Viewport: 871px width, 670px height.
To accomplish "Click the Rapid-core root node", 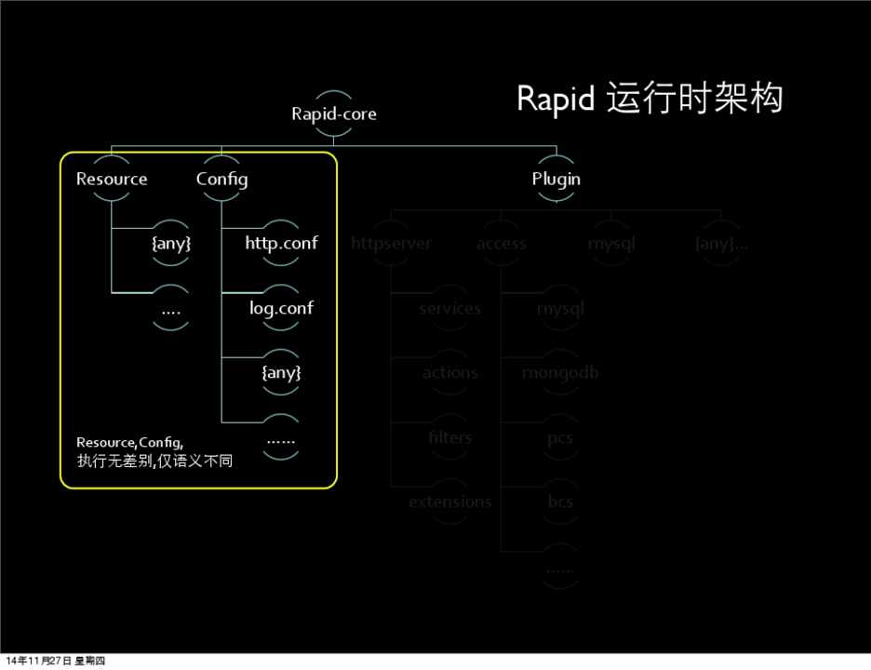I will [334, 114].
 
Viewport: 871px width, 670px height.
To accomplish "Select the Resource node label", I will [112, 179].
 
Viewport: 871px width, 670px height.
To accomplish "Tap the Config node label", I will [221, 179].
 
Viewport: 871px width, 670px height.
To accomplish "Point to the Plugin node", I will [556, 179].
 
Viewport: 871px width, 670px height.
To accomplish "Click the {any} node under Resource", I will [171, 244].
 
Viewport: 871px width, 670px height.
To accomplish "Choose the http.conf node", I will [281, 244].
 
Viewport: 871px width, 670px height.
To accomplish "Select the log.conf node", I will [281, 308].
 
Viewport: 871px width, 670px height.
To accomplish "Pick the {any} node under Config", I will [281, 372].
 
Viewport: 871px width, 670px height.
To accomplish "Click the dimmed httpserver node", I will [392, 244].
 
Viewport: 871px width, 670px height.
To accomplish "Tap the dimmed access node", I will [502, 244].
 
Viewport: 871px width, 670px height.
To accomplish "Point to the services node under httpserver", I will [449, 308].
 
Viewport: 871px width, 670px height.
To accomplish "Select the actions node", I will [449, 372].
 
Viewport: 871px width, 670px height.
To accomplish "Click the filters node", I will [449, 437].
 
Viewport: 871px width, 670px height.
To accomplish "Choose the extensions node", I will [449, 502].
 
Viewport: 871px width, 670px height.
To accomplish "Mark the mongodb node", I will [560, 372].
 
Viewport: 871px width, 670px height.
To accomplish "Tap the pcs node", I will [560, 437].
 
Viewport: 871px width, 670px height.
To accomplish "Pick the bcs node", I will [560, 502].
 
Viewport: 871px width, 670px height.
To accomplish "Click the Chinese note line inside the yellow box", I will [154, 460].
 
